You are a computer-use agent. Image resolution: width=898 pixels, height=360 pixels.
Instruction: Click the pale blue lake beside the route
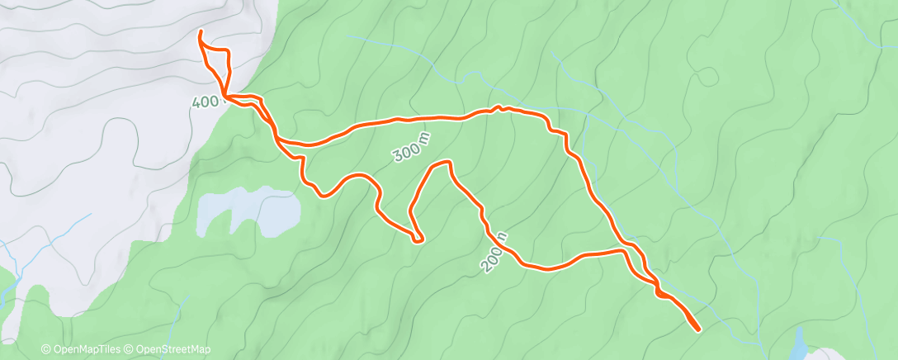(x=248, y=211)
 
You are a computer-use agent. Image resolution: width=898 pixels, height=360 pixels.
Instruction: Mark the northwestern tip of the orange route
(x=201, y=32)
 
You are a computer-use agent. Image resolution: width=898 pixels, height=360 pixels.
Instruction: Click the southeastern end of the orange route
(x=699, y=329)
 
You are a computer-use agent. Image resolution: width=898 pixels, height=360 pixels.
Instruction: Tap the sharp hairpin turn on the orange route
(x=419, y=240)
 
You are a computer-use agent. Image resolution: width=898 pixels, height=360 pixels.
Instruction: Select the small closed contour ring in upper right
(x=707, y=78)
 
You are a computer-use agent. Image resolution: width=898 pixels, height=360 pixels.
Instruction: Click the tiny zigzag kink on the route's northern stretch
(x=497, y=107)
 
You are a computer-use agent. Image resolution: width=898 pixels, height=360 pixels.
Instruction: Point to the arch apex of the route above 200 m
(x=442, y=163)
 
